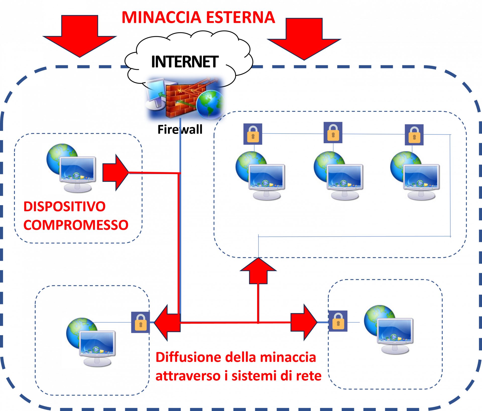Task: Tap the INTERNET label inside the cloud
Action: coord(185,62)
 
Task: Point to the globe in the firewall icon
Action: coord(211,105)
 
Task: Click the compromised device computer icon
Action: coord(71,168)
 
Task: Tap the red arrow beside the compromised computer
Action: coord(115,173)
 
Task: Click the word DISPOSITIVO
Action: coord(65,207)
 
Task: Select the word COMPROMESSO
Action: coord(76,225)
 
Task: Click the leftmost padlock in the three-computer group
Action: coord(253,134)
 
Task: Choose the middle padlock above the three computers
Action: coord(333,133)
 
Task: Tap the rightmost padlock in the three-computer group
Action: coord(414,135)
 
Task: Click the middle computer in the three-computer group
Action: coord(337,176)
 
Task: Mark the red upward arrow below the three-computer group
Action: coord(258,271)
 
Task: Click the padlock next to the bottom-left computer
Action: coord(141,322)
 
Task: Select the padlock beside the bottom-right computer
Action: coord(338,321)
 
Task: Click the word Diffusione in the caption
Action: coord(188,357)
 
